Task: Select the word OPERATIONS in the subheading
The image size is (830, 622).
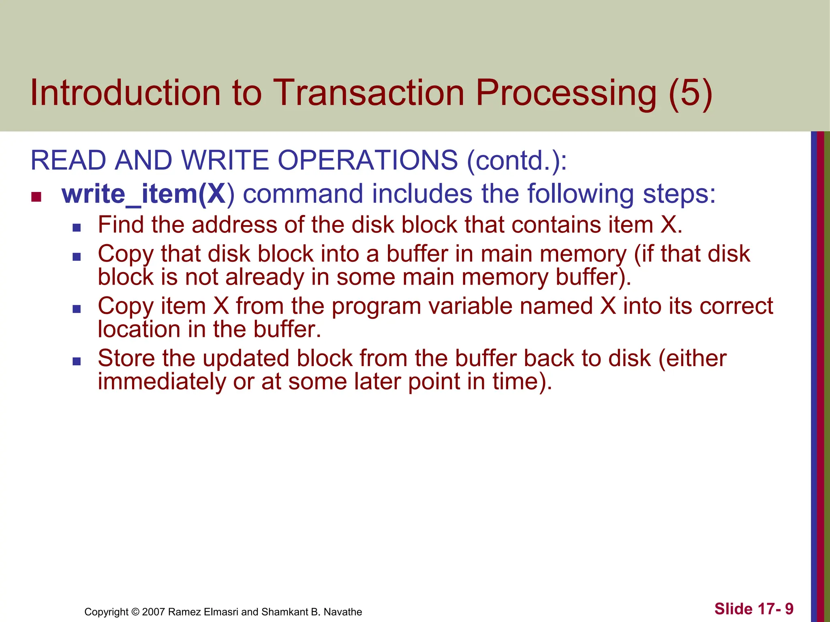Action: pyautogui.click(x=368, y=160)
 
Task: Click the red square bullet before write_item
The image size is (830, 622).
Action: pyautogui.click(x=36, y=197)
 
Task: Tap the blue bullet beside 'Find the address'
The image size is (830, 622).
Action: pyautogui.click(x=77, y=228)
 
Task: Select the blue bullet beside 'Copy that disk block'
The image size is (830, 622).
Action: pyautogui.click(x=77, y=256)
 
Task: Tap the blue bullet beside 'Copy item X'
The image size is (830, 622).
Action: pyautogui.click(x=77, y=309)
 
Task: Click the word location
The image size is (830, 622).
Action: pyautogui.click(x=139, y=330)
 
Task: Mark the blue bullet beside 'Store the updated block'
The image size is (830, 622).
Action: pyautogui.click(x=77, y=361)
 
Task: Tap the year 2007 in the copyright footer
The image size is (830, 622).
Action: pyautogui.click(x=153, y=612)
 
